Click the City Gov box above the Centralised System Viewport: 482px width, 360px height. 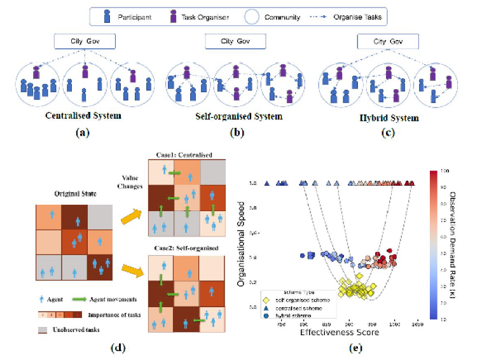click(x=85, y=42)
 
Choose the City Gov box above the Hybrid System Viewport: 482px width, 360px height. click(x=388, y=42)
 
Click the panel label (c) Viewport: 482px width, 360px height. click(x=388, y=133)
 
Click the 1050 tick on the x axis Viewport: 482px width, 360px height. click(x=417, y=324)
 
